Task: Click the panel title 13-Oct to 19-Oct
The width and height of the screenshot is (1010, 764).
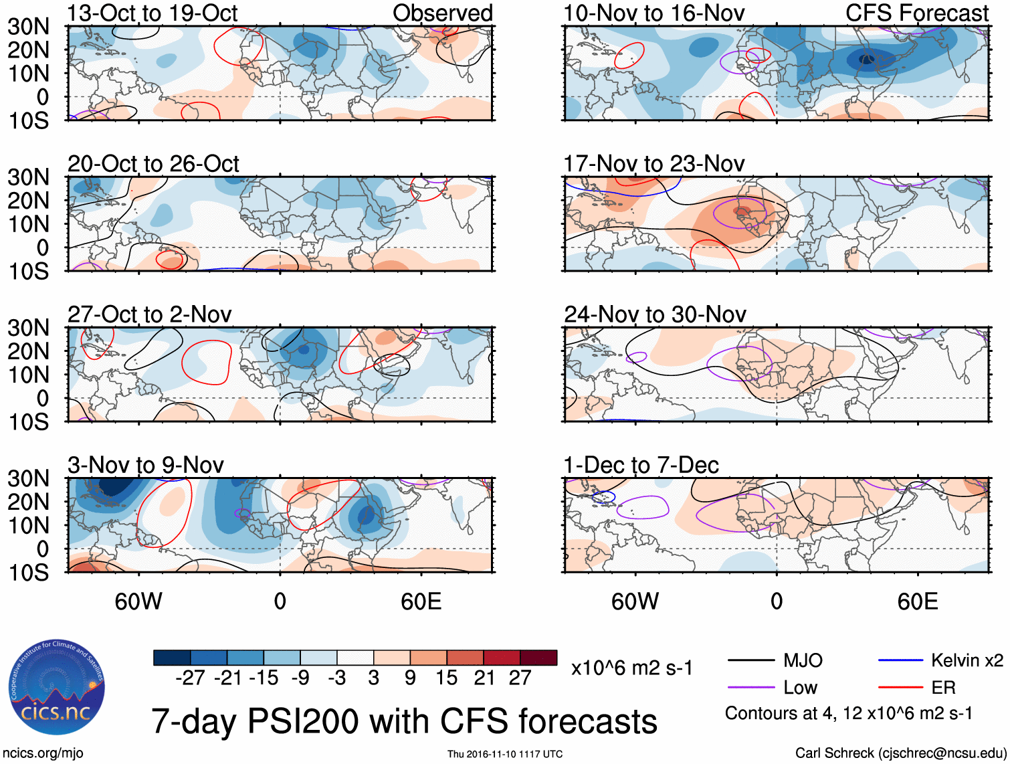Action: [x=153, y=13]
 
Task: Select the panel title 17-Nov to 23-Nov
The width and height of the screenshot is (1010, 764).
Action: [x=653, y=164]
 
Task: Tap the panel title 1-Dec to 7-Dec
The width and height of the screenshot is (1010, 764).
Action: [x=641, y=465]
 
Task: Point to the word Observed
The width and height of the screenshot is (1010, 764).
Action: [x=442, y=13]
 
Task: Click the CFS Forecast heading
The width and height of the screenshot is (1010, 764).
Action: [x=916, y=13]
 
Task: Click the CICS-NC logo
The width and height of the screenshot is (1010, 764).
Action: [x=57, y=688]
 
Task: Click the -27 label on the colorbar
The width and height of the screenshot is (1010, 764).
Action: [x=190, y=678]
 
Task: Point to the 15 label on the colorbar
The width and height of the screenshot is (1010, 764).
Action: [x=447, y=678]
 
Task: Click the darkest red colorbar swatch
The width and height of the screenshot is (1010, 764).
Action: [x=538, y=658]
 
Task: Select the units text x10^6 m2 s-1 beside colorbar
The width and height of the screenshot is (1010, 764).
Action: [x=631, y=668]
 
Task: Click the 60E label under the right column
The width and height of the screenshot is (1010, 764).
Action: [x=917, y=601]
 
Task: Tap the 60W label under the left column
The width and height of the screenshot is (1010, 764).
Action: [x=138, y=601]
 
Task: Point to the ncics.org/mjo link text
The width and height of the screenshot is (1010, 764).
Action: [x=43, y=753]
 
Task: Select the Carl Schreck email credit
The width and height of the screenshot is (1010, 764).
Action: [x=900, y=753]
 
